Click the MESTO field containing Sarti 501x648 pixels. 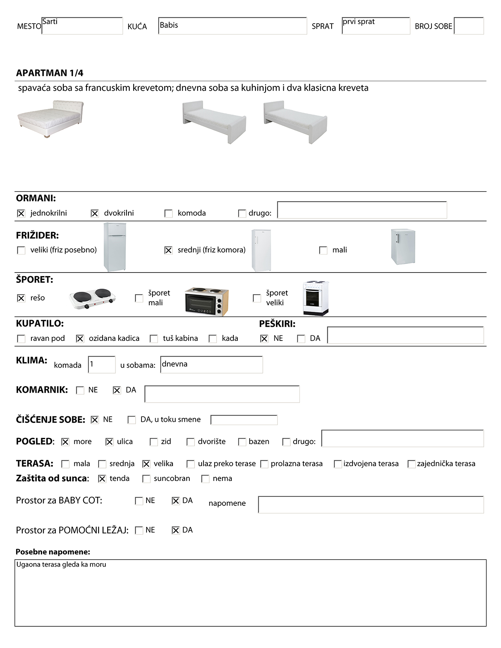[82, 26]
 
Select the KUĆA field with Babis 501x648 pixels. [232, 26]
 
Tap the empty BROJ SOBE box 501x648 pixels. [469, 26]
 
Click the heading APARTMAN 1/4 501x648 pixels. [50, 73]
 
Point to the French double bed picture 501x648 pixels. [50, 118]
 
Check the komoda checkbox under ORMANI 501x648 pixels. [169, 213]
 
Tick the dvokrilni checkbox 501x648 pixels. [95, 213]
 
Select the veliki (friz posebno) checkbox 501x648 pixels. [21, 250]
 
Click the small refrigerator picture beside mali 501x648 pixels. [403, 247]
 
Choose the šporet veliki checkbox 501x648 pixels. [257, 298]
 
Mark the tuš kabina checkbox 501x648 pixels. [154, 339]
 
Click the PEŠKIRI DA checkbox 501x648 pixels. [301, 339]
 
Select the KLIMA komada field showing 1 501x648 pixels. [102, 364]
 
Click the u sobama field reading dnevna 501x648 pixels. [211, 364]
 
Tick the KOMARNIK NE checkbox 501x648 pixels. [80, 390]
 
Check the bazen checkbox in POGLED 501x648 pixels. [242, 442]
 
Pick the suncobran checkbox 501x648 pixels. [147, 479]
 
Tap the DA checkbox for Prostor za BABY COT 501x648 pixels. [176, 501]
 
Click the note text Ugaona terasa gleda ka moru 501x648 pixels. [61, 564]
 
